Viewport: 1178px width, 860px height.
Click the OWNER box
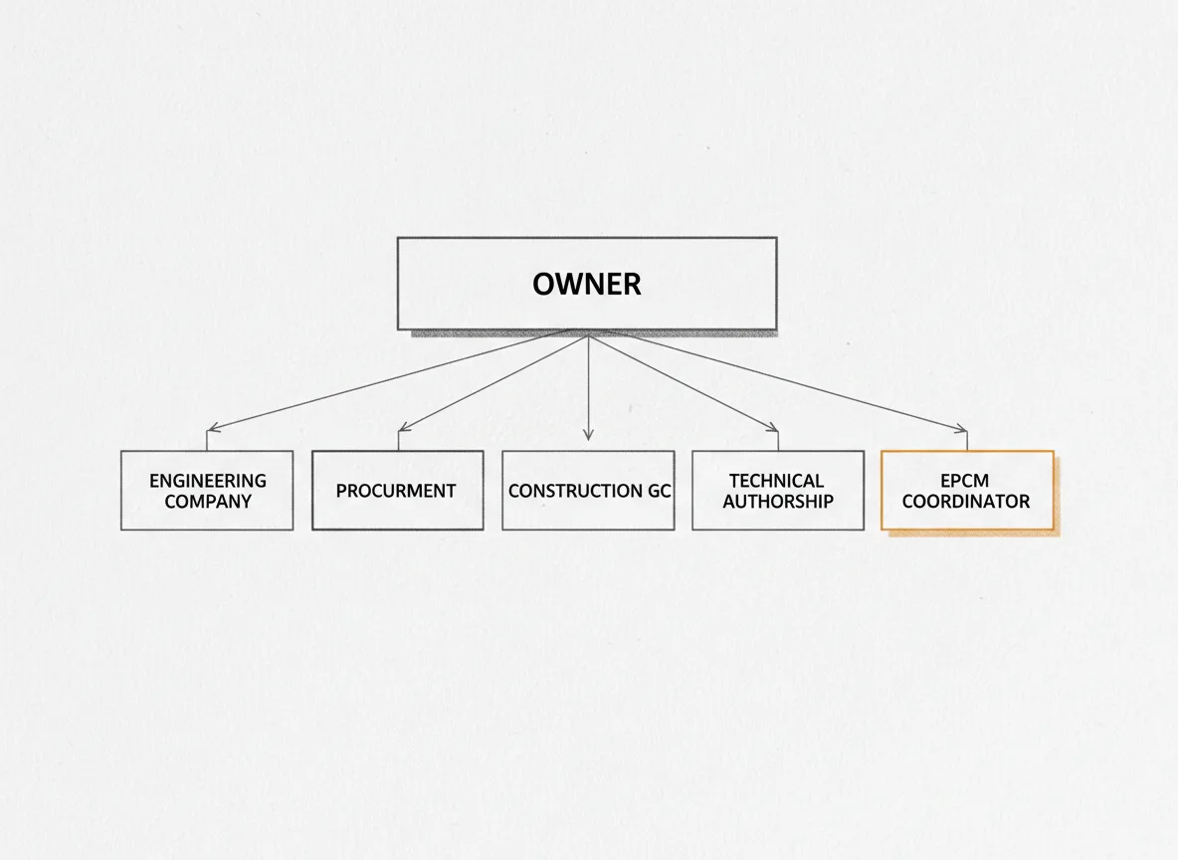click(x=587, y=284)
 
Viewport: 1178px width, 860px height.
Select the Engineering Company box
click(x=207, y=490)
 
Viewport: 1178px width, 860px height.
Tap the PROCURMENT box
click(x=397, y=490)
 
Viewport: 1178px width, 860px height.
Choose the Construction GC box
click(x=588, y=490)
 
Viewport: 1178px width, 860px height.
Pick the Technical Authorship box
click(x=778, y=490)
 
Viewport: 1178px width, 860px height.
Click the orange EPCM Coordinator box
click(x=968, y=490)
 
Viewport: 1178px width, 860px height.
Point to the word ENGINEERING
click(x=208, y=481)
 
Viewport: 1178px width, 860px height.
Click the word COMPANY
click(x=208, y=502)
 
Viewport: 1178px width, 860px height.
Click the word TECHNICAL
click(x=777, y=481)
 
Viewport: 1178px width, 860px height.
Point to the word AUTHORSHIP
click(x=778, y=502)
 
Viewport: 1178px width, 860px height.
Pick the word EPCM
click(x=965, y=481)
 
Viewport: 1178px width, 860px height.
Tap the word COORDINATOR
click(x=966, y=502)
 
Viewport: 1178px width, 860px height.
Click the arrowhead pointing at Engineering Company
click(x=213, y=428)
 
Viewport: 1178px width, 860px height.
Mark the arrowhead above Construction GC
click(x=588, y=435)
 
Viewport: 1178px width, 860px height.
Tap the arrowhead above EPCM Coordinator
click(x=962, y=428)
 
